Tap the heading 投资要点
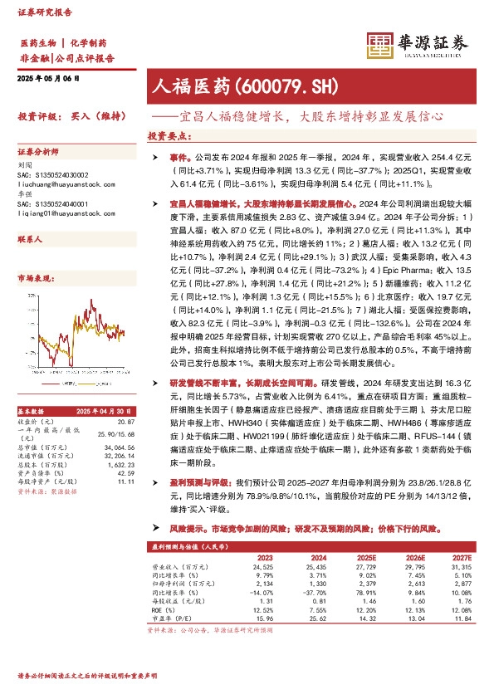click(168, 134)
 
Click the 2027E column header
click(462, 558)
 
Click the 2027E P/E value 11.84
click(462, 617)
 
